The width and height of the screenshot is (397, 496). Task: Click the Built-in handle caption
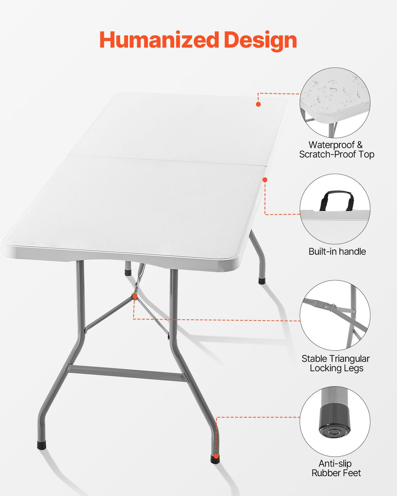pyautogui.click(x=337, y=252)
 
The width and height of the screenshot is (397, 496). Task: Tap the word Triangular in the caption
pyautogui.click(x=348, y=359)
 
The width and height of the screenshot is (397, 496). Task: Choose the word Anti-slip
pyautogui.click(x=335, y=464)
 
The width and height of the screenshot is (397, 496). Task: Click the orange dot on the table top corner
pyautogui.click(x=258, y=104)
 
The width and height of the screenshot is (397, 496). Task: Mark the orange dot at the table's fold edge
pyautogui.click(x=265, y=180)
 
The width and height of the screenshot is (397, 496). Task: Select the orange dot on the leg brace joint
pyautogui.click(x=135, y=296)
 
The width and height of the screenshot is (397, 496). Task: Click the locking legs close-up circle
pyautogui.click(x=335, y=315)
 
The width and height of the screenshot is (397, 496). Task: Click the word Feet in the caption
pyautogui.click(x=353, y=473)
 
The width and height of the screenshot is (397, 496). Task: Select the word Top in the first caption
pyautogui.click(x=366, y=155)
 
